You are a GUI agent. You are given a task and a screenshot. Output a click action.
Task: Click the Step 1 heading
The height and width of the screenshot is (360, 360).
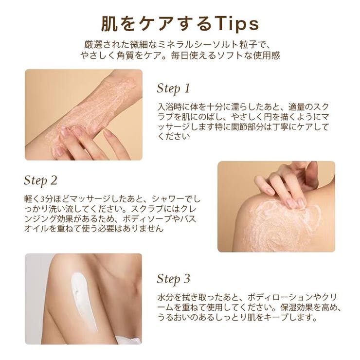tap(174, 89)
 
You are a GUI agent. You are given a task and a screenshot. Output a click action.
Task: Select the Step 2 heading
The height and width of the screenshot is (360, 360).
tap(40, 180)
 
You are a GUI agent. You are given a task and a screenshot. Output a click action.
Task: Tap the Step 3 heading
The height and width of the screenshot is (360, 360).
tap(174, 279)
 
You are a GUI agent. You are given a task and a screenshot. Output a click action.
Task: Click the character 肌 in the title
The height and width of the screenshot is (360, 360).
tap(109, 24)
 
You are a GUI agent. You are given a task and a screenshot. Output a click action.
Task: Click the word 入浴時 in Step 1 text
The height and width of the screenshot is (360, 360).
tap(170, 107)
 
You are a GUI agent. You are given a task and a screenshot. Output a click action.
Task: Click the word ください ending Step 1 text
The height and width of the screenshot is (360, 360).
tap(174, 136)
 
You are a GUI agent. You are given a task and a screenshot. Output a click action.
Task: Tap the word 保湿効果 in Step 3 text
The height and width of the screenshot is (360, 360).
tap(296, 307)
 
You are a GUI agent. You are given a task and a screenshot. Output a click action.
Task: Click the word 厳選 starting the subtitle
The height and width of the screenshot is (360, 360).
tap(93, 45)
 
